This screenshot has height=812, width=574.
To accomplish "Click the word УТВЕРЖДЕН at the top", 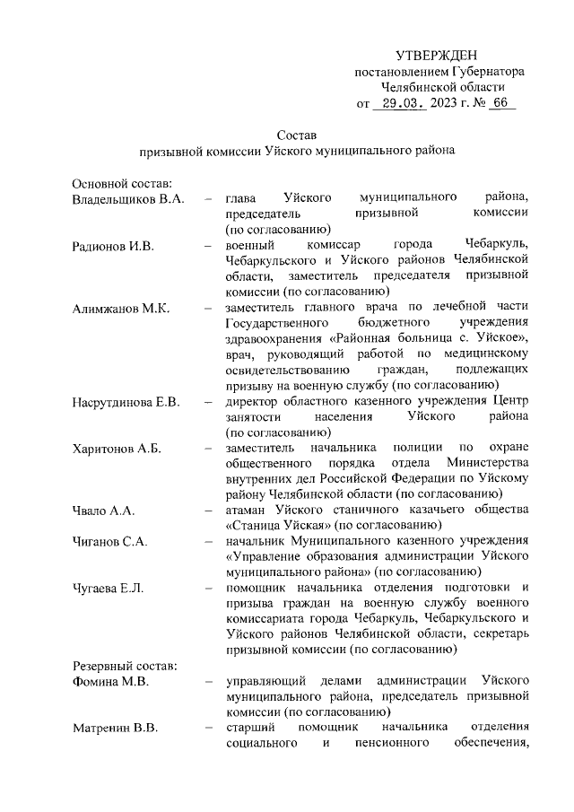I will click(436, 56).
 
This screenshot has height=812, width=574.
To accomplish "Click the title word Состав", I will click(297, 135).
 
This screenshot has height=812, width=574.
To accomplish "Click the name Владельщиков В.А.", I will click(128, 198).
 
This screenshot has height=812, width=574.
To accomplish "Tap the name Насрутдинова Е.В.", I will click(126, 401).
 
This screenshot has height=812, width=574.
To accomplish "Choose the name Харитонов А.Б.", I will click(117, 448).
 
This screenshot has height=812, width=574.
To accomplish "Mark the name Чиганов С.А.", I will click(110, 541).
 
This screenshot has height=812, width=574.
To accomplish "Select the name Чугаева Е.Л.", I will click(109, 588).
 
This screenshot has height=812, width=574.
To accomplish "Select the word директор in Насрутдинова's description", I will click(256, 401).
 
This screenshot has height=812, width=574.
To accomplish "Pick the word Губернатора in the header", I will click(488, 72).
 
